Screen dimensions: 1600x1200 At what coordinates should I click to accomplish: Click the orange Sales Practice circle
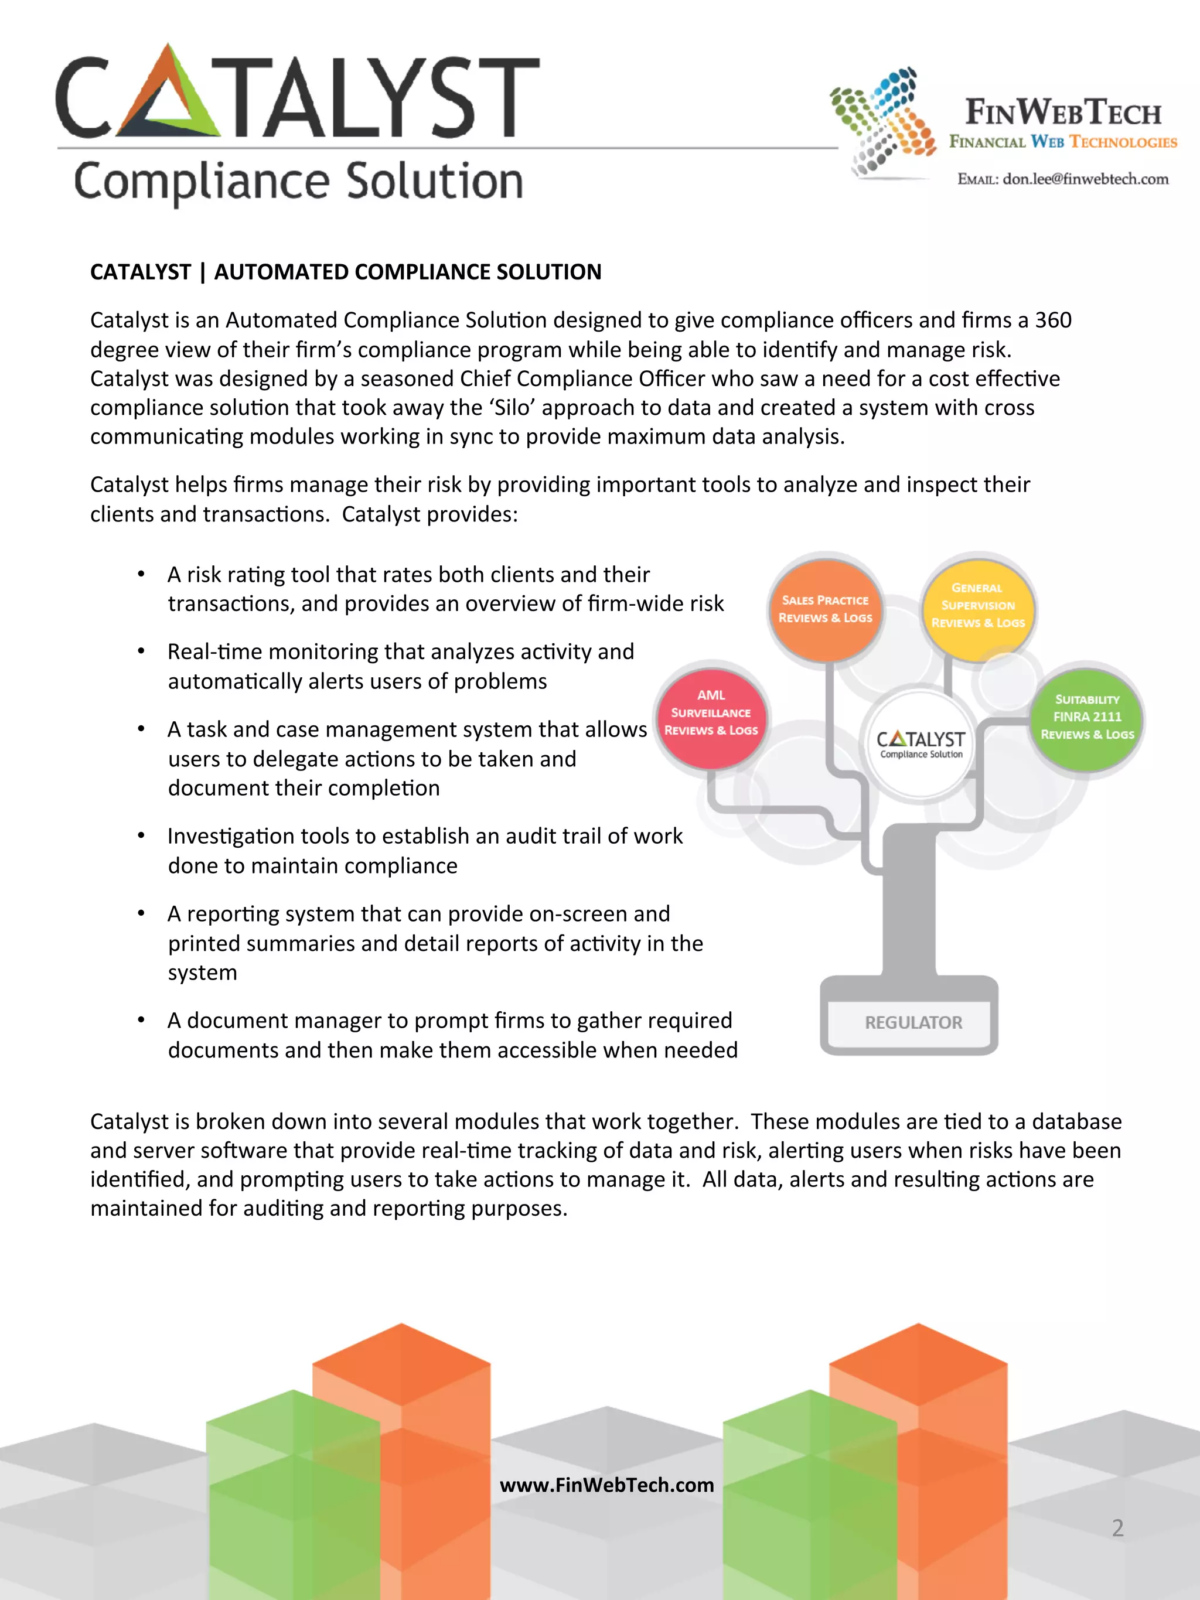pyautogui.click(x=826, y=609)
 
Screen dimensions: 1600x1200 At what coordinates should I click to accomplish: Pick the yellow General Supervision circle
pyautogui.click(x=978, y=605)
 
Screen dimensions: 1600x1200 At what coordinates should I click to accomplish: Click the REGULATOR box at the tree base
pyautogui.click(x=913, y=1022)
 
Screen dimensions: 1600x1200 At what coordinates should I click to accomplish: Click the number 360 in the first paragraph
pyautogui.click(x=1052, y=320)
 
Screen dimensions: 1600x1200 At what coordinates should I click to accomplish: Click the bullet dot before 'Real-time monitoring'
pyautogui.click(x=142, y=651)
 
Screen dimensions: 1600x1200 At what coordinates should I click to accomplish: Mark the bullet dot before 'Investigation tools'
pyautogui.click(x=142, y=835)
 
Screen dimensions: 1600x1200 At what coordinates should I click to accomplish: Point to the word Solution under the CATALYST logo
pyautogui.click(x=434, y=182)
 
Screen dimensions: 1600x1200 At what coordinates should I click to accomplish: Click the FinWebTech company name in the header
pyautogui.click(x=1062, y=113)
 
